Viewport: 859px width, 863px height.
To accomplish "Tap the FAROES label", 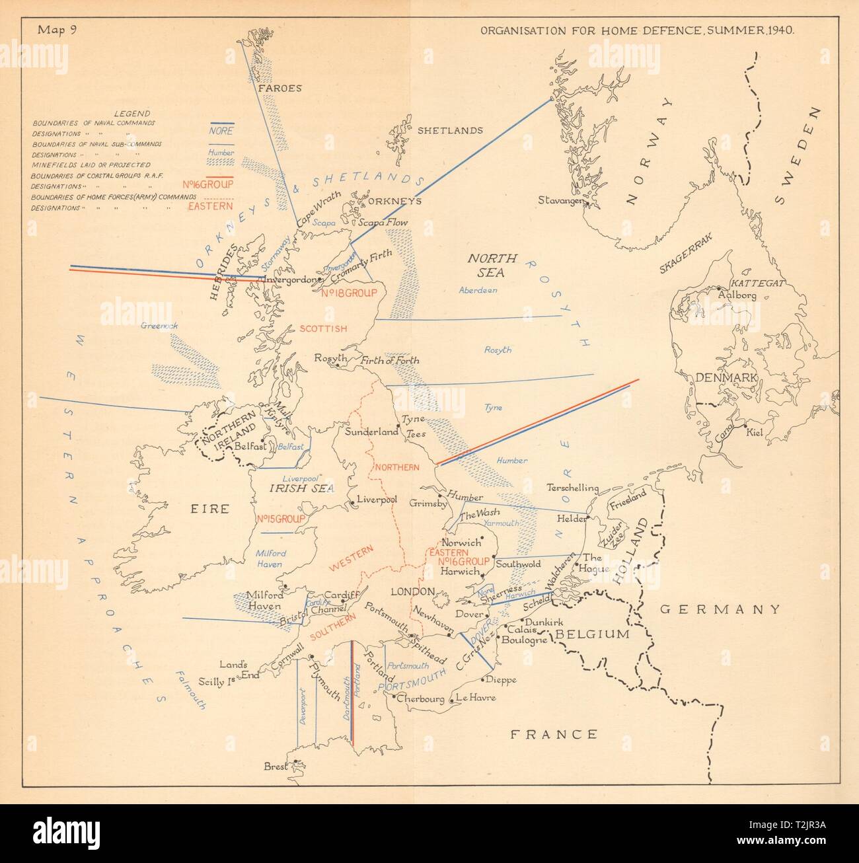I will pos(280,88).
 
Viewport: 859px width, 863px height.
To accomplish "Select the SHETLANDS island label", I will pos(450,131).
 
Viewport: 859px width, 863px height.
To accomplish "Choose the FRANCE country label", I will pos(554,734).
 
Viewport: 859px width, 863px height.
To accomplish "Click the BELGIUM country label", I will pos(591,634).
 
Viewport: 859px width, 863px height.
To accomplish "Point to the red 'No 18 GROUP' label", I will pos(348,293).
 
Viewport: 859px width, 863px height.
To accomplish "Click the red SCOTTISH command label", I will pos(322,328).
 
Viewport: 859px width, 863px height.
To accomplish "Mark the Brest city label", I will pos(276,767).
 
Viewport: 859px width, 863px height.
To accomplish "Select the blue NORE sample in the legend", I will pos(219,131).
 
